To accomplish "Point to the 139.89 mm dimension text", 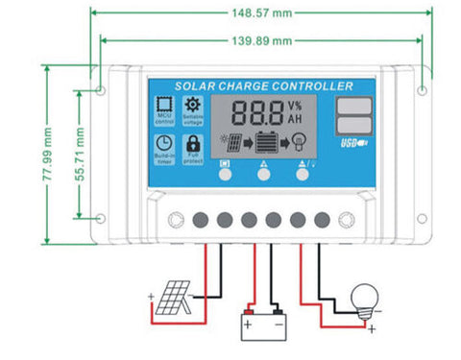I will point(262,41).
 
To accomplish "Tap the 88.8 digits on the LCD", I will point(251,112).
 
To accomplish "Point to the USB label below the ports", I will point(353,146).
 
